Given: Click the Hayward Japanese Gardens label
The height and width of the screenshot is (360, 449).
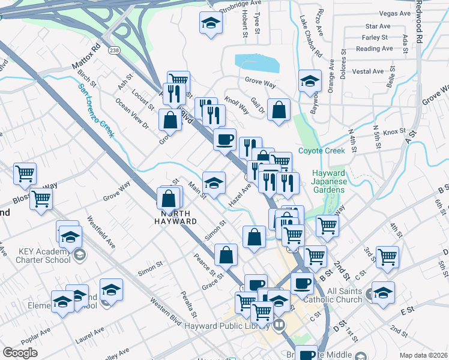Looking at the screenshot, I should pyautogui.click(x=328, y=181).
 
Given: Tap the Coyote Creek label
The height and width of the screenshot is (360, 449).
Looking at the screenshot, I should pyautogui.click(x=322, y=151).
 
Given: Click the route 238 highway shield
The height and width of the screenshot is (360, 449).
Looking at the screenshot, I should pyautogui.click(x=114, y=51).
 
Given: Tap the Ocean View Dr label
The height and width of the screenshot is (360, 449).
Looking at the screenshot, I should pyautogui.click(x=132, y=114).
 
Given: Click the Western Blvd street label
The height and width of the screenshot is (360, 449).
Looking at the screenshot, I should pyautogui.click(x=166, y=313).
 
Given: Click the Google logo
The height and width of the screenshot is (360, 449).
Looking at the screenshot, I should pyautogui.click(x=20, y=353).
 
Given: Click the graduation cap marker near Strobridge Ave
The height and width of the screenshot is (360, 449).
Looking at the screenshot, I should pyautogui.click(x=211, y=24).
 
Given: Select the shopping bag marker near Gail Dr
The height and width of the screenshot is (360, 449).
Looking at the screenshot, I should pyautogui.click(x=279, y=110).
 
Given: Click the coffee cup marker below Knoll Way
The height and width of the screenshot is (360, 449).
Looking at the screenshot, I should pyautogui.click(x=225, y=140).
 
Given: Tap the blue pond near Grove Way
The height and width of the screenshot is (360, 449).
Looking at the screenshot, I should pyautogui.click(x=257, y=62).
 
